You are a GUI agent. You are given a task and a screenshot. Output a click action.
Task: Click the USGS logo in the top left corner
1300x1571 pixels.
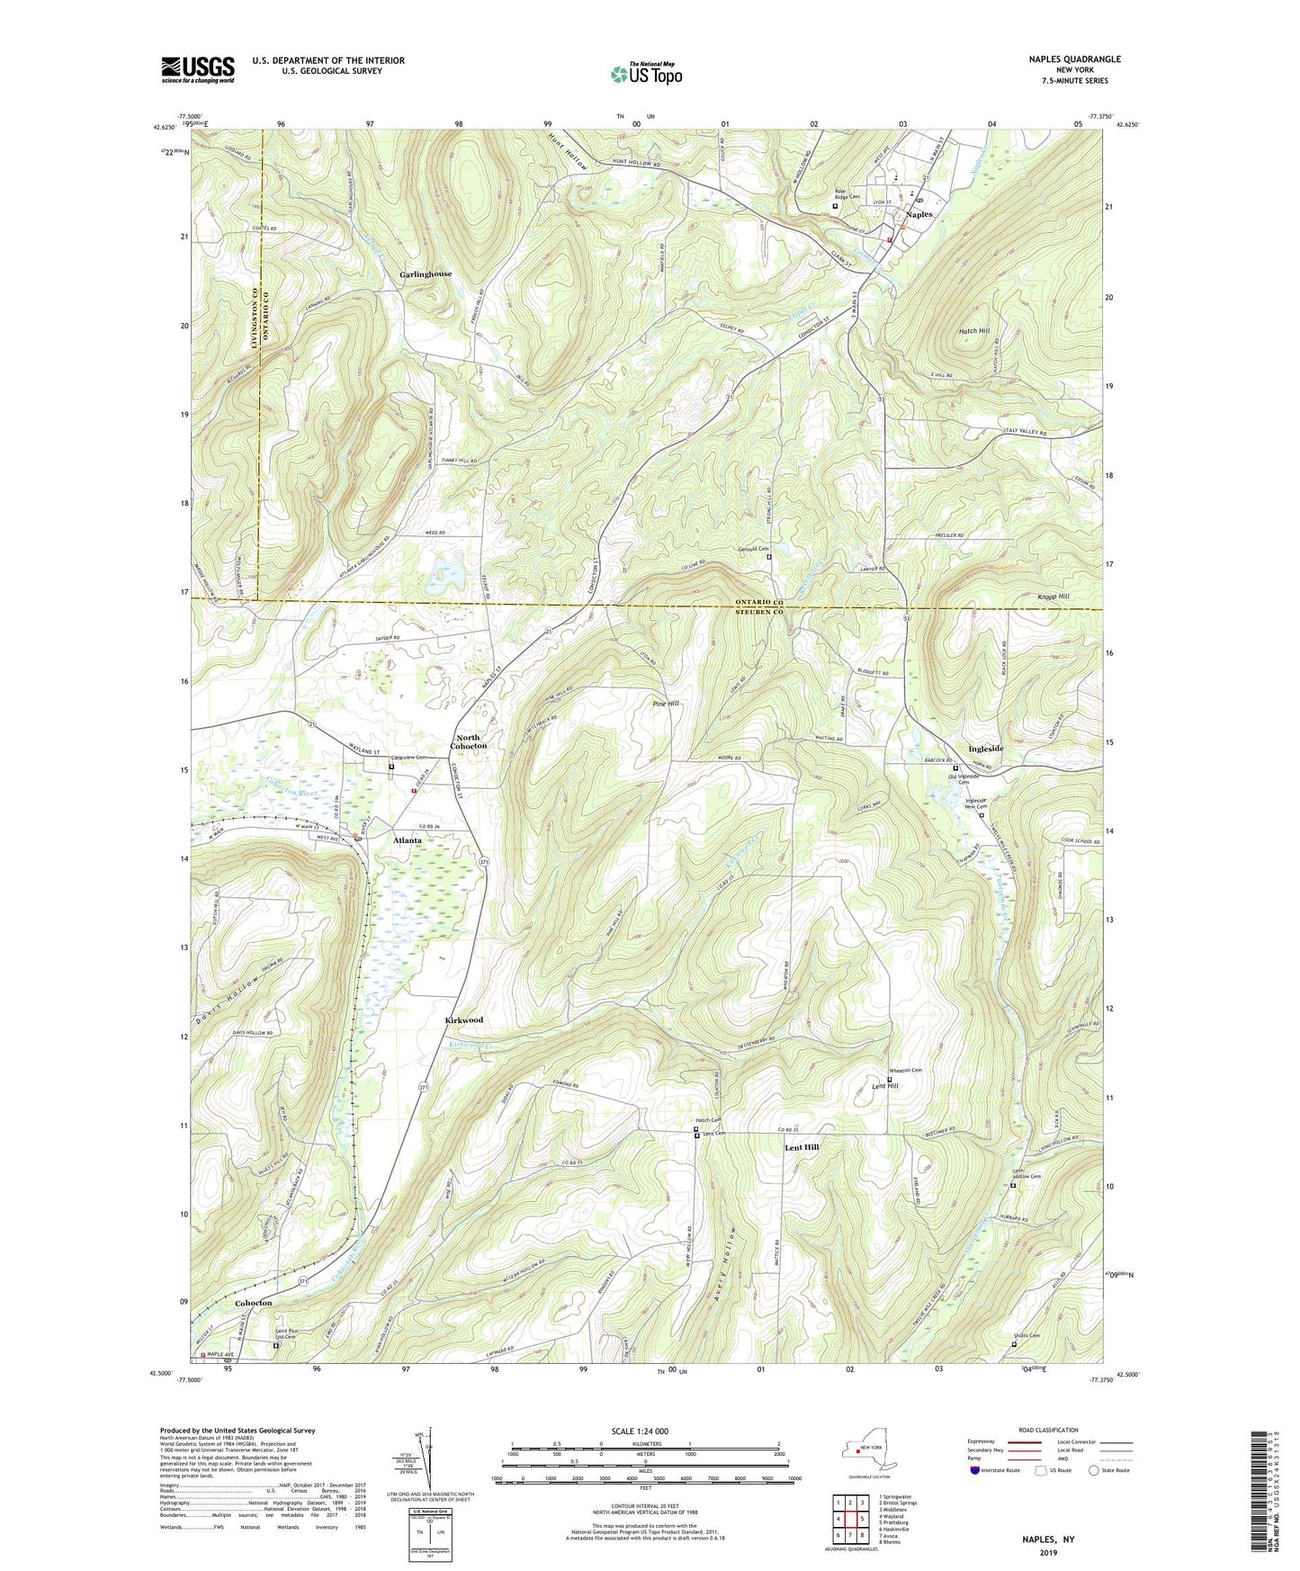(x=198, y=69)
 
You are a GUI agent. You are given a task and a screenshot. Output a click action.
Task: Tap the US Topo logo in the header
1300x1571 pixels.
(x=645, y=74)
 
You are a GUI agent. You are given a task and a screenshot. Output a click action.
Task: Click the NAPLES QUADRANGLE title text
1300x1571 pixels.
(x=1074, y=59)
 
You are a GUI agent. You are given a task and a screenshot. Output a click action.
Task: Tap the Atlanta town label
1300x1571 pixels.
(x=408, y=840)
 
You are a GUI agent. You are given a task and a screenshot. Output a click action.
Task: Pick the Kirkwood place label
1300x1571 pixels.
(x=464, y=1020)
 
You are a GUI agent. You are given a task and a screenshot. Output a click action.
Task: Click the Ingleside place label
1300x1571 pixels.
(x=986, y=749)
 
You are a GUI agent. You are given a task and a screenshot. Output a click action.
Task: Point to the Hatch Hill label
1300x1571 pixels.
(x=974, y=331)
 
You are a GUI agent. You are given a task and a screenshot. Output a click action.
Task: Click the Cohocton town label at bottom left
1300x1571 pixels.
(x=253, y=1303)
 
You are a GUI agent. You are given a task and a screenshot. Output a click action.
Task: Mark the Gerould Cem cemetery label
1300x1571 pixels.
(x=754, y=549)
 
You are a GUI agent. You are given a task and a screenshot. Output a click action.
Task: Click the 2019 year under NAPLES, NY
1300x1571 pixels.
(x=1048, y=1552)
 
